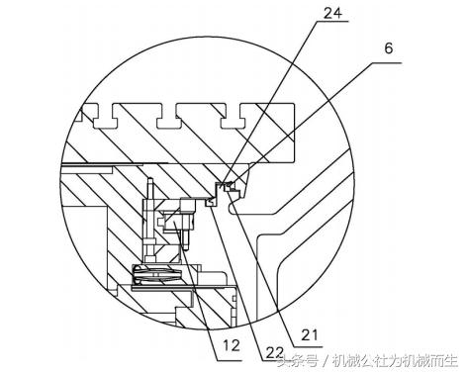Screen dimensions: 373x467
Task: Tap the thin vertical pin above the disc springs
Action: (149, 223)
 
